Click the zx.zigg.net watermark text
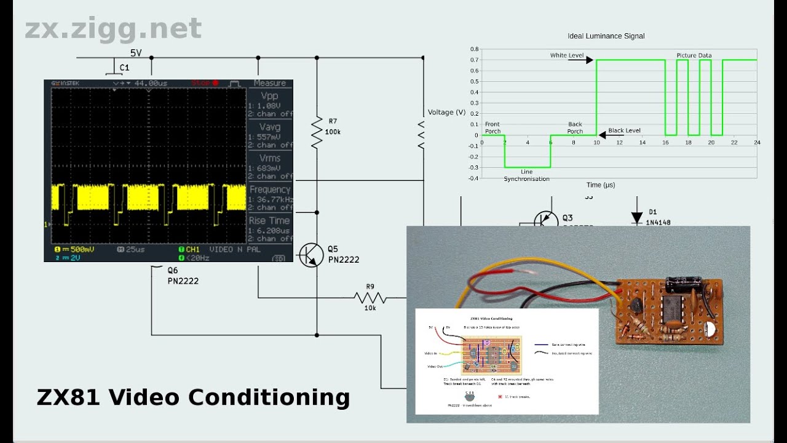point(113,29)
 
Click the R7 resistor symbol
point(317,132)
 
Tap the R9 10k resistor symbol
point(370,298)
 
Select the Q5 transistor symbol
point(312,255)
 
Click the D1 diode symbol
point(636,217)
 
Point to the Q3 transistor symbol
point(545,220)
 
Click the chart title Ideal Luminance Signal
point(606,36)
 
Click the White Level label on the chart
point(567,55)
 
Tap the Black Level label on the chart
point(624,131)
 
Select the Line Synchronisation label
point(526,175)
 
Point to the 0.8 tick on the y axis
point(474,49)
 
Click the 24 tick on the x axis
point(756,142)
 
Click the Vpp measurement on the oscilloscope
point(269,100)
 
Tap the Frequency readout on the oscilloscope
point(269,194)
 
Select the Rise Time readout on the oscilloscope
point(269,225)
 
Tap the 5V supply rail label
point(136,53)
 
